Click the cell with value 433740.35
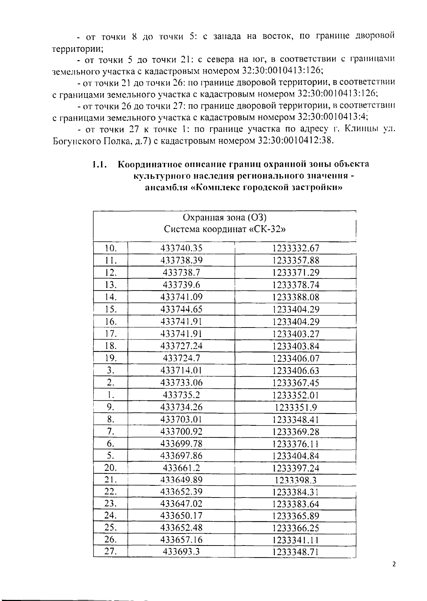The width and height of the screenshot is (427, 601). (x=181, y=248)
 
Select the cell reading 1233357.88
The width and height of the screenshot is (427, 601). (x=296, y=260)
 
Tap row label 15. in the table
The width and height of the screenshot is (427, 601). (x=111, y=309)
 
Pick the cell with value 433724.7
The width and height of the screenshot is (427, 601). (x=181, y=358)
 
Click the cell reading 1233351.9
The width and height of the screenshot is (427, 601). (x=296, y=407)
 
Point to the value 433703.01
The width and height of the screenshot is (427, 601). (x=181, y=419)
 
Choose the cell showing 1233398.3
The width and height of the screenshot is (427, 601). (x=296, y=480)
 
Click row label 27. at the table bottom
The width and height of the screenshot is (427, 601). (x=111, y=552)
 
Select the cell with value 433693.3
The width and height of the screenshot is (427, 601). (x=181, y=552)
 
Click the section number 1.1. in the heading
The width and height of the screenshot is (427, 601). (x=100, y=164)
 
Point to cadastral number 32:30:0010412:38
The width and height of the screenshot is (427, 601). (x=295, y=140)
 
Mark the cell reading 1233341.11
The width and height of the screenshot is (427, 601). (x=296, y=540)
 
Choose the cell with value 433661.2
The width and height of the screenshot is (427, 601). (x=181, y=468)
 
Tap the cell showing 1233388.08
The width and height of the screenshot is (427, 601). (x=296, y=297)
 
